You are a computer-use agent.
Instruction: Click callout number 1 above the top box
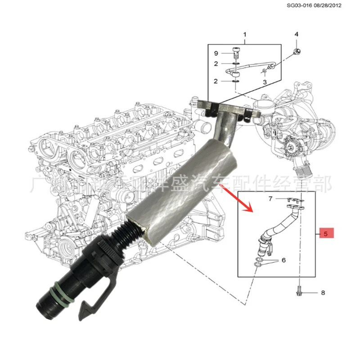pyautogui.click(x=245, y=35)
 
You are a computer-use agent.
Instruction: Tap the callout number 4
pyautogui.click(x=296, y=35)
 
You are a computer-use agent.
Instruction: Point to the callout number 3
pyautogui.click(x=265, y=82)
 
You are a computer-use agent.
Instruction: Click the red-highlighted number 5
pyautogui.click(x=327, y=234)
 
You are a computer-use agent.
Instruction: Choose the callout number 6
pyautogui.click(x=283, y=261)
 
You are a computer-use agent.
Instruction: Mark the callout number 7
pyautogui.click(x=270, y=198)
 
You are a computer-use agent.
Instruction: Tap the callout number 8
pyautogui.click(x=323, y=293)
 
